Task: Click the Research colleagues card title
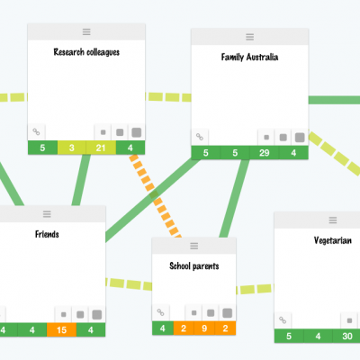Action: click(x=86, y=52)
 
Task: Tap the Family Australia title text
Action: click(x=249, y=57)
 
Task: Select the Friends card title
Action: click(x=47, y=234)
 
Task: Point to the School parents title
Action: click(x=194, y=266)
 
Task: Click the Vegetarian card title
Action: click(x=333, y=240)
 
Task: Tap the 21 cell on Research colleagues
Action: click(x=101, y=148)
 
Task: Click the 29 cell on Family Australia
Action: click(x=265, y=153)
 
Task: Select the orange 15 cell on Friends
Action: click(x=61, y=330)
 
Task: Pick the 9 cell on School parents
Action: click(x=204, y=328)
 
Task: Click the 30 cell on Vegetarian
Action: click(x=347, y=337)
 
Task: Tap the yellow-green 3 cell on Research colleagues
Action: click(x=72, y=148)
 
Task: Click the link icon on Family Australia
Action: click(x=200, y=137)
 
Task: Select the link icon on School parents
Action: click(x=161, y=312)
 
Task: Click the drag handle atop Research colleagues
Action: click(x=86, y=31)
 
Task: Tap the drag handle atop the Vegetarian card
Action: click(x=333, y=220)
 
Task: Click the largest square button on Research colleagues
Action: click(x=137, y=132)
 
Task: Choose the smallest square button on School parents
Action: click(x=193, y=313)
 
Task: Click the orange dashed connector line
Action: click(x=156, y=196)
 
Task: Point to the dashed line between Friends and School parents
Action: click(x=129, y=284)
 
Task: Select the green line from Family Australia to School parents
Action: click(x=234, y=198)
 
